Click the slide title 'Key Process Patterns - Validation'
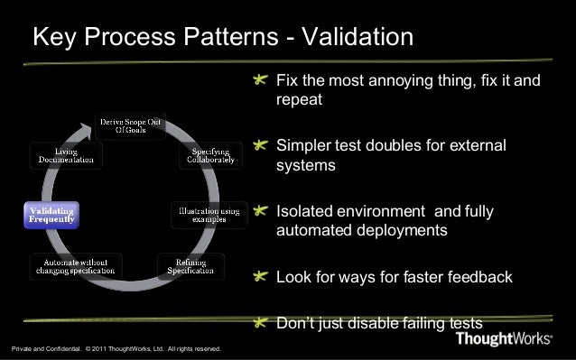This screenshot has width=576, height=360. click(222, 38)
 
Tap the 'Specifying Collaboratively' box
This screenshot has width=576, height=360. click(210, 154)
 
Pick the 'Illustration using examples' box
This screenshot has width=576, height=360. click(209, 216)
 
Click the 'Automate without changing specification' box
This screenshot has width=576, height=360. click(75, 266)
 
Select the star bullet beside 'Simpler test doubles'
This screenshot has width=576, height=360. click(261, 146)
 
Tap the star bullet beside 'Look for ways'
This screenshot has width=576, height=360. click(261, 277)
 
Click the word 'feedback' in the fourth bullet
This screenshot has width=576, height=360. click(479, 277)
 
